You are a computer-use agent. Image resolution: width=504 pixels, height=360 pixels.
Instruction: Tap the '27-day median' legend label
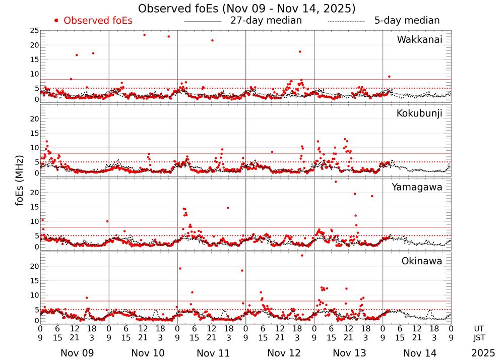pos(266,21)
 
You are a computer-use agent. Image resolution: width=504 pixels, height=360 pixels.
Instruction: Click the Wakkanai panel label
pos(419,40)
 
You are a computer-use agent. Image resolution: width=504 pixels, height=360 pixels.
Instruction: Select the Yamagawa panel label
pos(417,187)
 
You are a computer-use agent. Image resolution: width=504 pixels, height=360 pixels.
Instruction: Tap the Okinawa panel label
pos(422,261)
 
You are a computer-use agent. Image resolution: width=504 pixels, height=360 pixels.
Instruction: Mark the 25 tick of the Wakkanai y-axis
pos(34,31)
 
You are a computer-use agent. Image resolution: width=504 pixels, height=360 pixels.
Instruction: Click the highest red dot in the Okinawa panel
pos(302,255)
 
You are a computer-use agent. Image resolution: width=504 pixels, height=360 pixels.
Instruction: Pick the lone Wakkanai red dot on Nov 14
pos(389,77)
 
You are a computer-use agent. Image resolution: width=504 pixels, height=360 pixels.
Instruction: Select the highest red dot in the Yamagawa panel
pos(336,182)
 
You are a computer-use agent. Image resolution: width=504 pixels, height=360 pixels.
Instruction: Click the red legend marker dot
pos(56,21)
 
